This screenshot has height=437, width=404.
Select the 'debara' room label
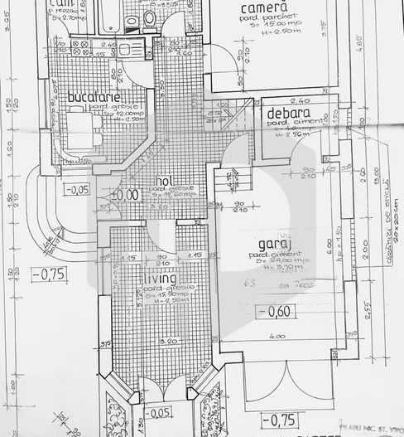tap(288, 113)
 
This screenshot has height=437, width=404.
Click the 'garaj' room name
tap(274, 244)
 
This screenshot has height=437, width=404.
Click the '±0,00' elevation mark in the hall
tap(126, 195)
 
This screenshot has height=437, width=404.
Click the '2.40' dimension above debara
tap(299, 100)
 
